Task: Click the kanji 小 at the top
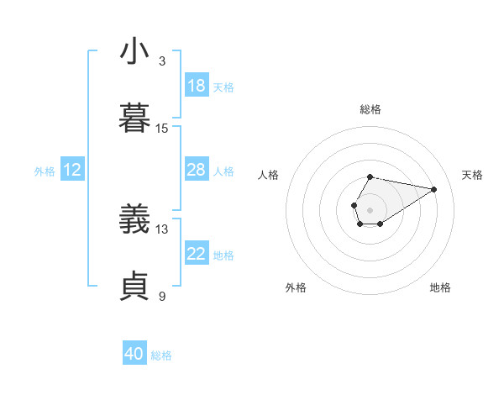click(134, 51)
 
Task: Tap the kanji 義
click(134, 219)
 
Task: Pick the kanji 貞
click(134, 287)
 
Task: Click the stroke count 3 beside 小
click(162, 61)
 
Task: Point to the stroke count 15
click(162, 129)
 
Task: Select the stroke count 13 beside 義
click(162, 229)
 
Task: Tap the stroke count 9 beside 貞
click(162, 296)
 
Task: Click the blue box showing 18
click(197, 86)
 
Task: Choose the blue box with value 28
click(197, 170)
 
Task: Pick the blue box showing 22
click(197, 254)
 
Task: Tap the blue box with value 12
click(72, 170)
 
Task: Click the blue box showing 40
click(134, 354)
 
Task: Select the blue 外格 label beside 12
click(45, 171)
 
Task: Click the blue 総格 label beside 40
click(161, 355)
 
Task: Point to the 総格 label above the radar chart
click(370, 109)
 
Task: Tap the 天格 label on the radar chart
click(473, 175)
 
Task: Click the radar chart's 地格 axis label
click(440, 287)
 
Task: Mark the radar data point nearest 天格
click(434, 188)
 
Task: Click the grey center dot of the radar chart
click(370, 208)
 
